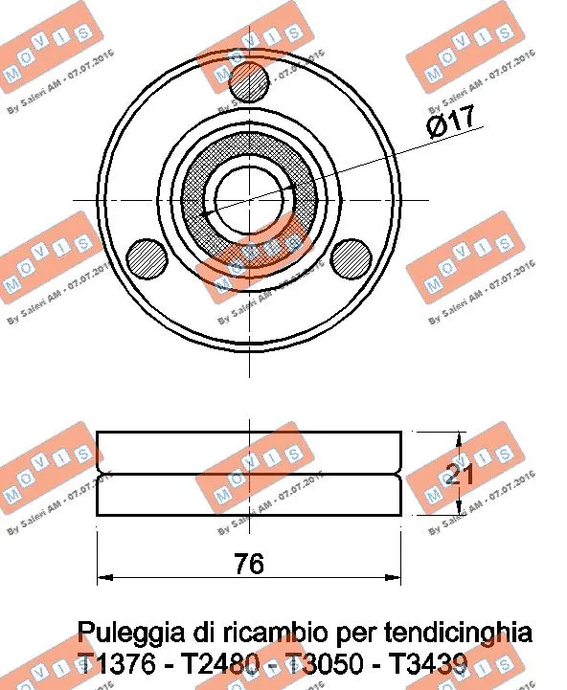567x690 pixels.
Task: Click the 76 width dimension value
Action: coord(248,564)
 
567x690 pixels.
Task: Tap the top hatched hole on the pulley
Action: coord(250,82)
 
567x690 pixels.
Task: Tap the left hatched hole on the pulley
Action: coord(148,258)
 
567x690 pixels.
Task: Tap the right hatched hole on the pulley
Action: coord(351,258)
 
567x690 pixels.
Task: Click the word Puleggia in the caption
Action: coord(123,634)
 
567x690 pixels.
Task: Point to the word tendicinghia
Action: coord(457,634)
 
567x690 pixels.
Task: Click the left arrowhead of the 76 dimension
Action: coord(105,577)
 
